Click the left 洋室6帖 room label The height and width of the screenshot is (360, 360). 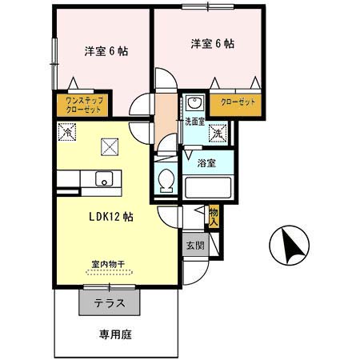click(x=106, y=51)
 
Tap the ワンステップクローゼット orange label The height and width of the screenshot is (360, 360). click(x=80, y=104)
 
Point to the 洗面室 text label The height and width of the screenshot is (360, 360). click(x=195, y=122)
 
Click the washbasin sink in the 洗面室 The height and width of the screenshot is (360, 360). click(x=194, y=104)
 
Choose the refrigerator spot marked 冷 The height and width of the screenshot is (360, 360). click(x=65, y=133)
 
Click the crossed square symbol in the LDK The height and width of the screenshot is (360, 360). click(x=108, y=146)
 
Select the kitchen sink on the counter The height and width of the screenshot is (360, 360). click(x=104, y=178)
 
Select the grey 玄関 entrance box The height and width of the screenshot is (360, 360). click(x=194, y=246)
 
